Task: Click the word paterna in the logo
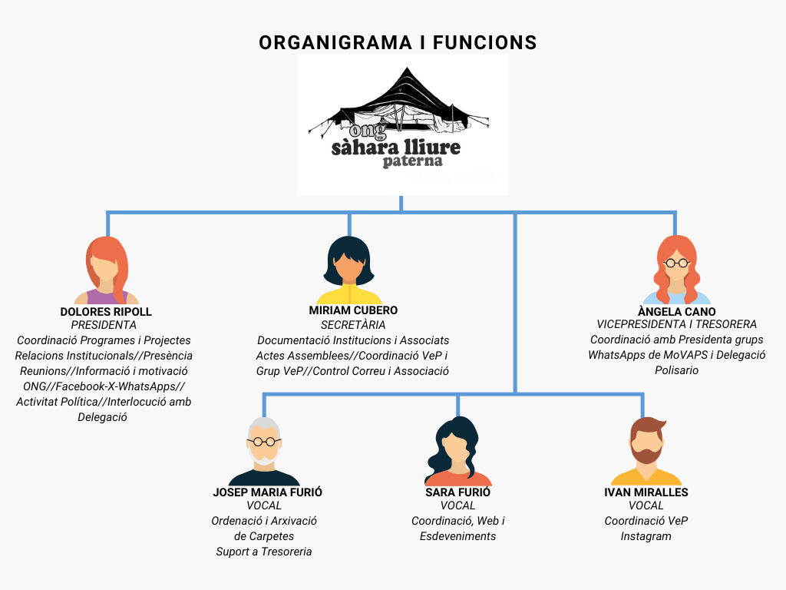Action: click(413, 161)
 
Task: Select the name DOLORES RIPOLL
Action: click(106, 312)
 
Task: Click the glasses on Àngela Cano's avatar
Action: click(676, 263)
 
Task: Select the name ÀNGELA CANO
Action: click(676, 312)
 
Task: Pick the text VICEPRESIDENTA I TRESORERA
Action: click(676, 325)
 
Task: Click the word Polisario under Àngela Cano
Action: click(676, 370)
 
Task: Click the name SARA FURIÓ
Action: click(457, 492)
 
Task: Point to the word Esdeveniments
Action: click(457, 536)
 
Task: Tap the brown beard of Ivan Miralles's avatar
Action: click(646, 455)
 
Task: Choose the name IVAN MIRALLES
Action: click(646, 492)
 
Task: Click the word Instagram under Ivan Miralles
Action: click(646, 536)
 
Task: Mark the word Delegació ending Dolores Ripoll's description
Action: click(102, 417)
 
